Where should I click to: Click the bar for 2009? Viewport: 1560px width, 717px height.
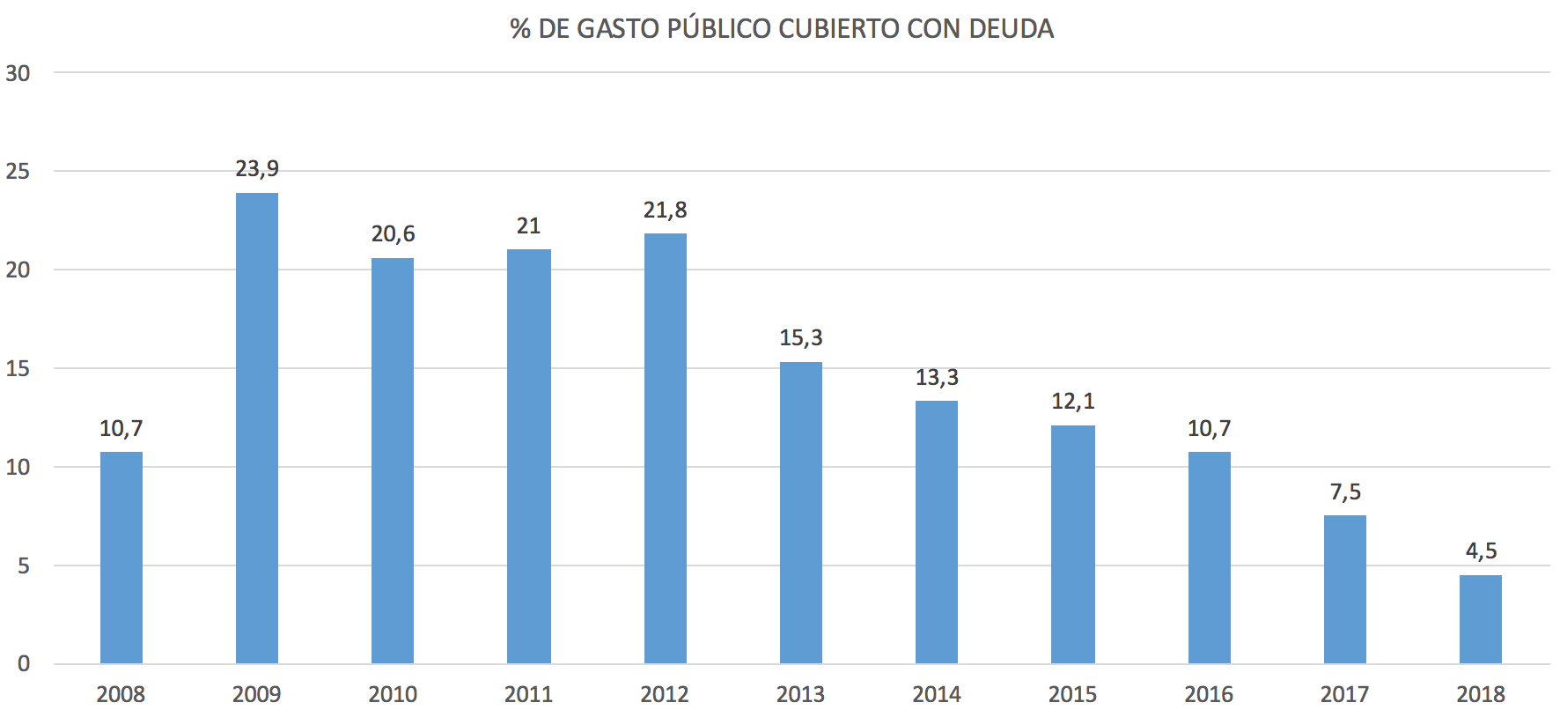tap(257, 428)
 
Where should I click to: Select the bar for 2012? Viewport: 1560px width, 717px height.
tap(666, 448)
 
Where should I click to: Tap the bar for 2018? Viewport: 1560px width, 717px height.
tap(1481, 619)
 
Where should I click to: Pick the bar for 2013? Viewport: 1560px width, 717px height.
tap(801, 513)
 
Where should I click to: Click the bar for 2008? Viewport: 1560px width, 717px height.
tap(121, 558)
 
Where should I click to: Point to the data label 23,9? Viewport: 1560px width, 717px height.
tap(257, 168)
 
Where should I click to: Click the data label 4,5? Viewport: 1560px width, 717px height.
tap(1481, 551)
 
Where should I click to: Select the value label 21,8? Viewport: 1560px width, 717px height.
tap(666, 210)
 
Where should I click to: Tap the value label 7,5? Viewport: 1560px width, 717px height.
tap(1345, 492)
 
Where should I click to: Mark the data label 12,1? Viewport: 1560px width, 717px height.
tap(1073, 402)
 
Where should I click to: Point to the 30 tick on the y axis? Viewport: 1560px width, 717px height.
tap(18, 74)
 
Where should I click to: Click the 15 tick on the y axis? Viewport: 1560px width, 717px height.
tap(18, 369)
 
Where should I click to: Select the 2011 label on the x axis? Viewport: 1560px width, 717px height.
tap(528, 695)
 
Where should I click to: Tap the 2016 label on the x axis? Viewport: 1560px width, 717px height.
tap(1209, 695)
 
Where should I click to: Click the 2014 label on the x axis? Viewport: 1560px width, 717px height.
tap(937, 695)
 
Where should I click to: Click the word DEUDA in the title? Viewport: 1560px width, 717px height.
tap(1011, 29)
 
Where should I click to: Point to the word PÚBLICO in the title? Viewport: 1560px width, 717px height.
tap(719, 29)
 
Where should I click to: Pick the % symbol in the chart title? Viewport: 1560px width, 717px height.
tap(520, 29)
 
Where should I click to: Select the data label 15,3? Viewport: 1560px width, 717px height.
tap(801, 337)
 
